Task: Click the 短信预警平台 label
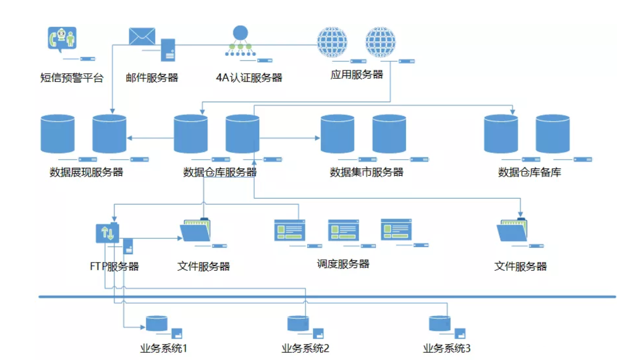tap(72, 78)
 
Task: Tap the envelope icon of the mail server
tap(142, 36)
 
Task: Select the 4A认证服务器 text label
tap(249, 78)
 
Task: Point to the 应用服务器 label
tap(357, 74)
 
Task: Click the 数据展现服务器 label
tap(86, 172)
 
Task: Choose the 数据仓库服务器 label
tap(220, 172)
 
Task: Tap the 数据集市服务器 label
tap(367, 172)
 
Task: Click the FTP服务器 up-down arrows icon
tap(107, 233)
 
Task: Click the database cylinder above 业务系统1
tap(156, 323)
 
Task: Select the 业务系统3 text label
tap(447, 348)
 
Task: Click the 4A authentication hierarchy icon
tap(240, 41)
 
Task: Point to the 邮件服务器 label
tap(152, 78)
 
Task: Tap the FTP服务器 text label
tap(114, 267)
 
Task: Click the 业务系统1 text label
tap(164, 348)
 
